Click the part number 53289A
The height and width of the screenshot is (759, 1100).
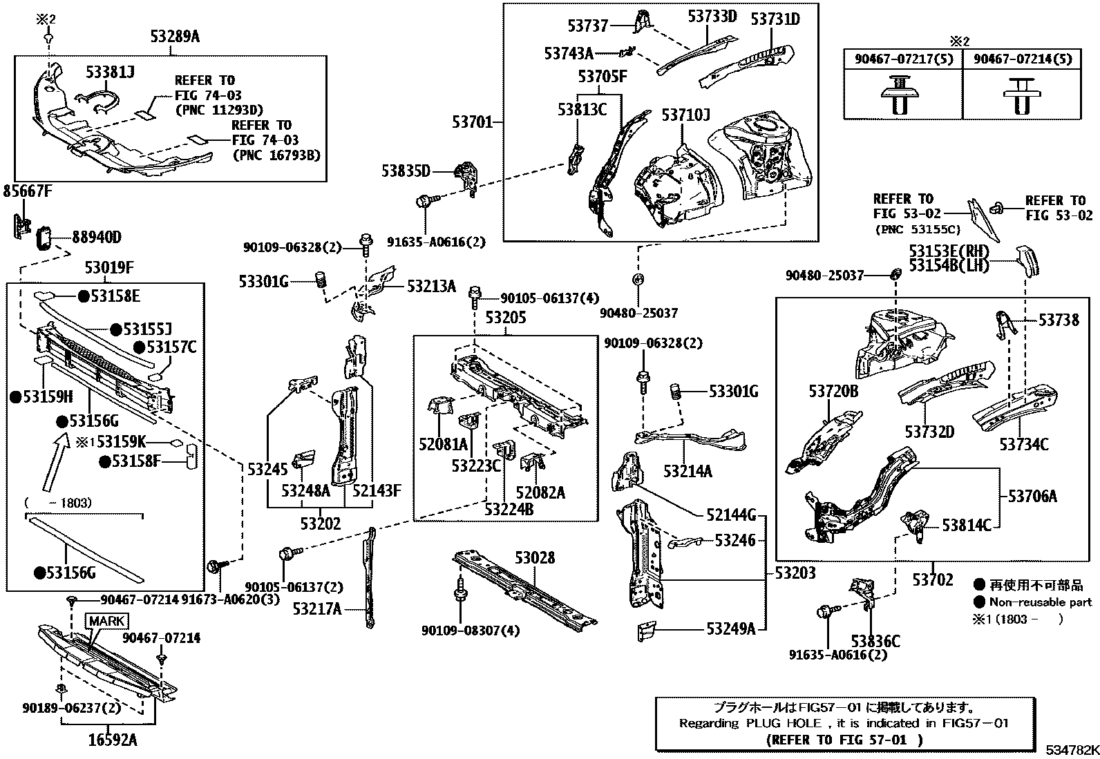coord(174,37)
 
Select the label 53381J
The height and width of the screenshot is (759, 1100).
coord(110,72)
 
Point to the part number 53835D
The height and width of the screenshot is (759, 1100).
coord(406,171)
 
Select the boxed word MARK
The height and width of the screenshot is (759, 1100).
coord(106,621)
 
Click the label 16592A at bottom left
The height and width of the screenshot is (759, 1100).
coord(113,740)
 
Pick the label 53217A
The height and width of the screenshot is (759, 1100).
coord(316,609)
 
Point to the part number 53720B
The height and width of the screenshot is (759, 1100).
coord(833,392)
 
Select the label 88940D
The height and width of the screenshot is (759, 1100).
coord(97,238)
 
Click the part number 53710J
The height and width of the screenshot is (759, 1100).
coord(685,115)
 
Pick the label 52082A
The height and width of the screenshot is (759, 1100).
coord(540,492)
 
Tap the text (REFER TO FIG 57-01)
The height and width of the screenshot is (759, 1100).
coord(844,740)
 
